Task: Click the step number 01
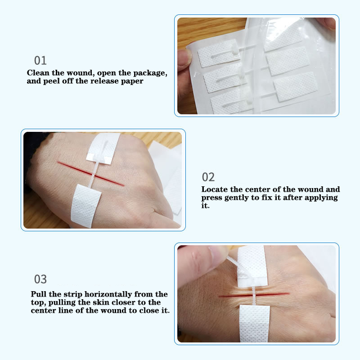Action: tap(40, 61)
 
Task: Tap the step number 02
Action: tap(208, 177)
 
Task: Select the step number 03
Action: tap(40, 279)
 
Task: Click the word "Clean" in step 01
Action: tap(38, 73)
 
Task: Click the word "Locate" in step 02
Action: tap(215, 189)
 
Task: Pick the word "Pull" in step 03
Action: tap(39, 294)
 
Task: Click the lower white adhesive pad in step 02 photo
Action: tap(86, 206)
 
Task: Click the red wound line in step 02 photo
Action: tap(91, 173)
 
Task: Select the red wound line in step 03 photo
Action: tap(254, 295)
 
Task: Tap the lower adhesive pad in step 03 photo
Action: tap(255, 324)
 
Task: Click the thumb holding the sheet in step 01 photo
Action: tap(184, 60)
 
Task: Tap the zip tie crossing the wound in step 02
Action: tap(94, 174)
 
